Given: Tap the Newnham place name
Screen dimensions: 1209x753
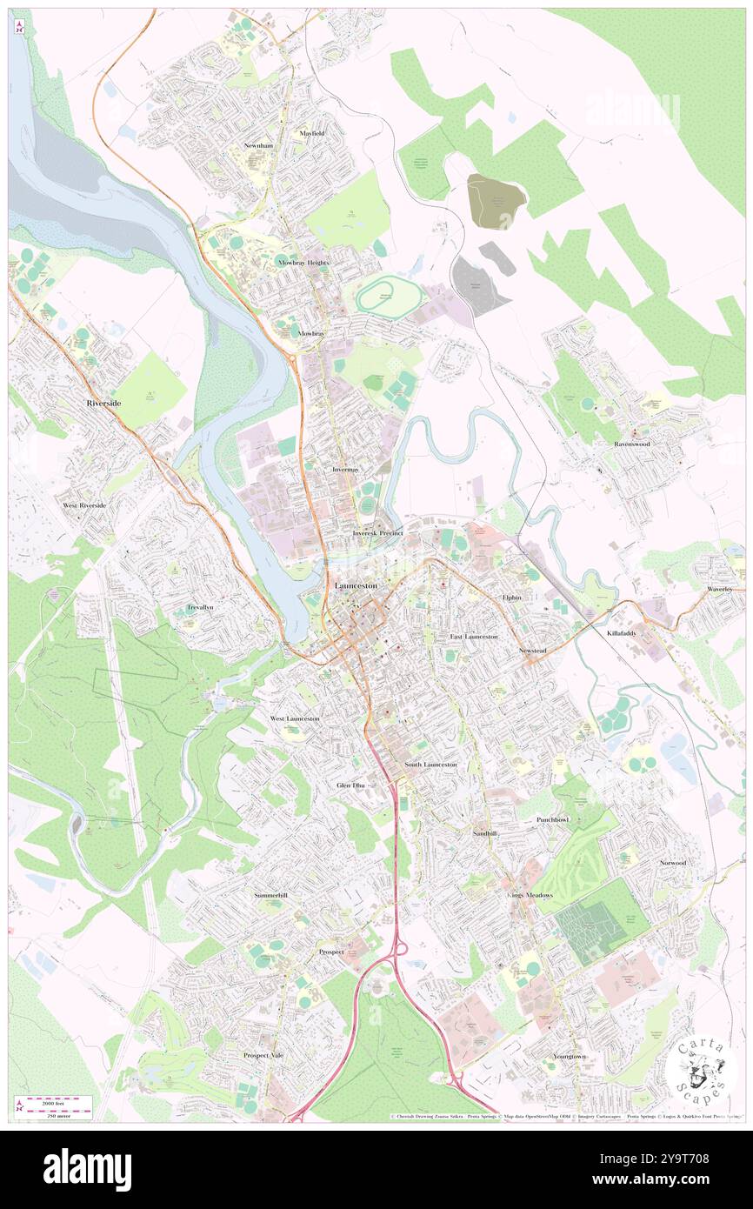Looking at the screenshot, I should (x=258, y=145).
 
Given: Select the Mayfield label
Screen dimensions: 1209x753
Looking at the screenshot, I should (x=311, y=133).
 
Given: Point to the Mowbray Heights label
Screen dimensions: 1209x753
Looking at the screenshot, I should (x=303, y=262).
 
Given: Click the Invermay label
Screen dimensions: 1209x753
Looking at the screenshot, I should (x=345, y=469).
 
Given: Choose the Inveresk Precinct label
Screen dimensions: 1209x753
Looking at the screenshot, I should (x=377, y=532).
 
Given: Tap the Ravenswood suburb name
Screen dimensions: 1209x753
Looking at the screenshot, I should (x=632, y=443).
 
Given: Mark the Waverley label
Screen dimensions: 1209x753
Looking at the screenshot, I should (x=720, y=589).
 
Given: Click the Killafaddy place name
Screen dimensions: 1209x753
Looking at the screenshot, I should (x=621, y=633).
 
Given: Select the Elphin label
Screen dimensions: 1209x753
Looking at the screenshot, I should (x=510, y=598).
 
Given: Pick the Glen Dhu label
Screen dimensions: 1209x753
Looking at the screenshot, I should (x=352, y=785).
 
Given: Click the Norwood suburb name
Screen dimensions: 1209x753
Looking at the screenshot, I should (x=672, y=863).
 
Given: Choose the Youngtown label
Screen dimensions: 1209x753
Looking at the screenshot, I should (x=570, y=1056).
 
